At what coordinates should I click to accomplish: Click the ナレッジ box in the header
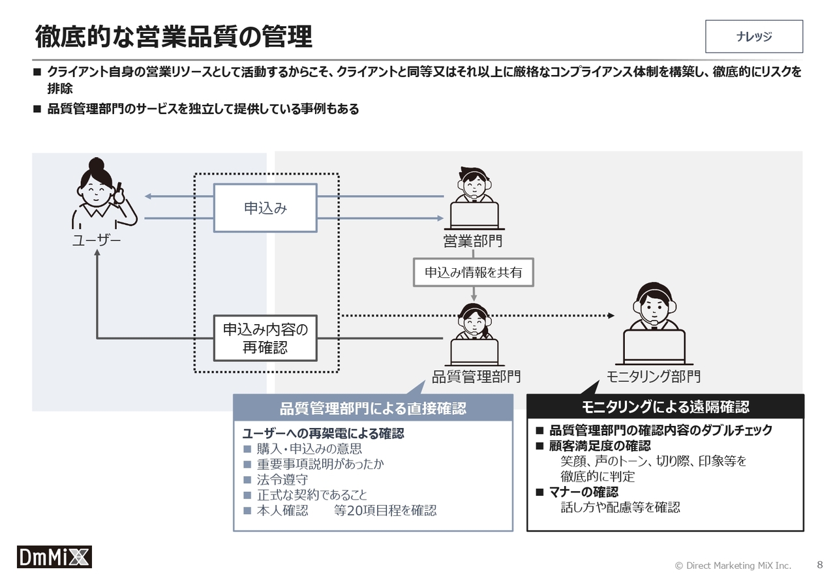[753, 36]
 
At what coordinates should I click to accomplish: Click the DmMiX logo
[54, 556]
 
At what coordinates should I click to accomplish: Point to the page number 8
[820, 564]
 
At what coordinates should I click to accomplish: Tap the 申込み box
[265, 207]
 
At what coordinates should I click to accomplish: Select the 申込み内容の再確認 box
[265, 338]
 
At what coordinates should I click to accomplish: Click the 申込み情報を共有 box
[474, 272]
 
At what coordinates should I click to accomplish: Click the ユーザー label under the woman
[97, 240]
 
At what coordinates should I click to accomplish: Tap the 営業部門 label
[473, 241]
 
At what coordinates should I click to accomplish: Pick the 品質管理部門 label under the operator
[476, 376]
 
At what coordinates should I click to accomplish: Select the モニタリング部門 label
[654, 376]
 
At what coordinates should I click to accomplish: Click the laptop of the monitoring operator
[654, 348]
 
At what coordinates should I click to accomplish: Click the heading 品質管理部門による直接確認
[372, 408]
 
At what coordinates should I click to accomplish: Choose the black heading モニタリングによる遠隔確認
[665, 406]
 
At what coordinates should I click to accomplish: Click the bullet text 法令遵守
[282, 479]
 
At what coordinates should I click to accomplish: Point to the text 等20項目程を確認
[385, 510]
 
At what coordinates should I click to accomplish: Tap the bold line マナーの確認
[583, 492]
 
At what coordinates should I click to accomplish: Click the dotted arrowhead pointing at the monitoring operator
[611, 316]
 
